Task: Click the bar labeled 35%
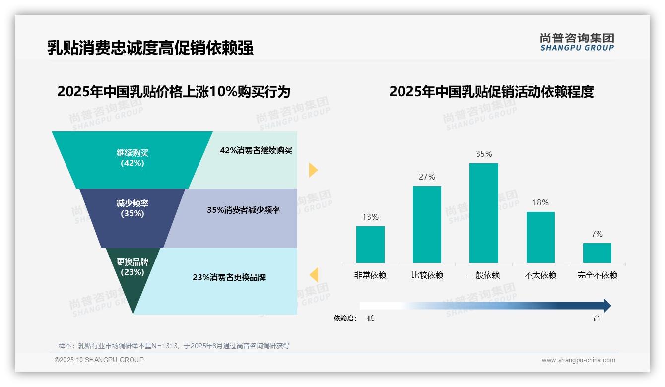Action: tap(483, 213)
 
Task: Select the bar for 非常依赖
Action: tap(370, 245)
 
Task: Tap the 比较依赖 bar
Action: tap(427, 224)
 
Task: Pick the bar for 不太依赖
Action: tap(540, 237)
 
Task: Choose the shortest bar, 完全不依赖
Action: tap(597, 253)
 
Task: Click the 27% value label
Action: tap(427, 177)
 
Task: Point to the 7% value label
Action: tap(597, 234)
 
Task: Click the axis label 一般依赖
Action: tap(484, 275)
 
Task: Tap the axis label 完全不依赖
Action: tap(597, 275)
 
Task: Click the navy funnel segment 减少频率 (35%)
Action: tap(132, 217)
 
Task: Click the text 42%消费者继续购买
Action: tap(256, 151)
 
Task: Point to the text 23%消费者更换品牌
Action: tap(229, 277)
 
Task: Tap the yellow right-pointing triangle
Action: tap(313, 170)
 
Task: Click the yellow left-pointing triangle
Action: tap(314, 274)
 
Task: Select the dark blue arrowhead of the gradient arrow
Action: tap(606, 306)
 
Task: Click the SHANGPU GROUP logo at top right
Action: tap(577, 42)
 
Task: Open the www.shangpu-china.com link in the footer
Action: tap(578, 360)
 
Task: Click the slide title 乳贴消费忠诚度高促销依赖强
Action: tap(150, 48)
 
